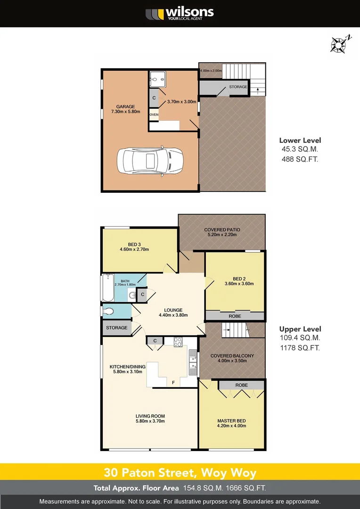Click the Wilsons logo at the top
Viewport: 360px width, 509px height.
(180, 13)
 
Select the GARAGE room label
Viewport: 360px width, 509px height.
(123, 107)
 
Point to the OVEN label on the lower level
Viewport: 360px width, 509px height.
(154, 115)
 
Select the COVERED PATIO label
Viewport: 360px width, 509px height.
(222, 230)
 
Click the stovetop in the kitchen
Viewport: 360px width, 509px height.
(179, 343)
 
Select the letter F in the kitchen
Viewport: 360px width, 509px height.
(173, 382)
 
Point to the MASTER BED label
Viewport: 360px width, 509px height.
(231, 421)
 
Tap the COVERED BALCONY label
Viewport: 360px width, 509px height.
(232, 356)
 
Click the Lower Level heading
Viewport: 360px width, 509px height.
(300, 140)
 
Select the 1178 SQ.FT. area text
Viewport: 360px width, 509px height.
(300, 348)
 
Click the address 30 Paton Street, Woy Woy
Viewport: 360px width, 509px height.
(180, 472)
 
